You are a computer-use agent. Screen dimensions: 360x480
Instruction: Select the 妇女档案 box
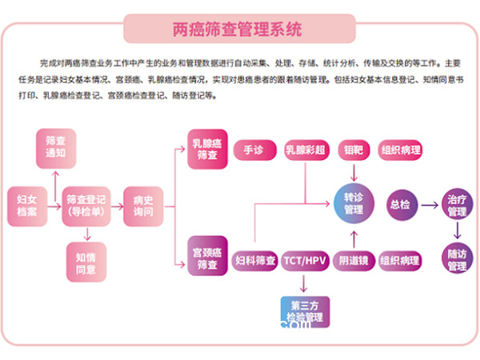(22, 205)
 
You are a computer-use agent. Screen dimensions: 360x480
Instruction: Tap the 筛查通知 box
(56, 144)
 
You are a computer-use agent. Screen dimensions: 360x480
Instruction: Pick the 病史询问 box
(143, 205)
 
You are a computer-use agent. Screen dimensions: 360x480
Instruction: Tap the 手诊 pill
(254, 150)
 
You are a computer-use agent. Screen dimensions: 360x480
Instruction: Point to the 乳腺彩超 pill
(305, 150)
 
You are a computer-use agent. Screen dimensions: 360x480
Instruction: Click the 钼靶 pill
(354, 150)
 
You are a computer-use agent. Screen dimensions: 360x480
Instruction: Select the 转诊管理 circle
(354, 204)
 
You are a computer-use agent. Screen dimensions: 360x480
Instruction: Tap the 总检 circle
(400, 204)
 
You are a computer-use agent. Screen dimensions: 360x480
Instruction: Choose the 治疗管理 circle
(457, 205)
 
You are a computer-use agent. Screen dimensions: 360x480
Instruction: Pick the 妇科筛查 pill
(255, 261)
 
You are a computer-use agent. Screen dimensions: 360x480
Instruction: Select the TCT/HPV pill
(305, 261)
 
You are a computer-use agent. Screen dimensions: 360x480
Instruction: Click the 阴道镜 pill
(353, 261)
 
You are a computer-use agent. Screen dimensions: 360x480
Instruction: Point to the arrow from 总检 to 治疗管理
(428, 205)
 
